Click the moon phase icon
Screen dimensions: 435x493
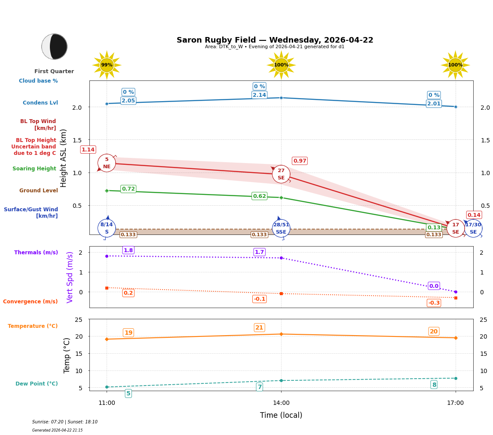coord(54,46)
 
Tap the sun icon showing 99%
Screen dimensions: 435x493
coord(107,65)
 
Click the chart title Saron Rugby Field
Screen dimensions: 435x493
coord(275,40)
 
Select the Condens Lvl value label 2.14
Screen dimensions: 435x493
coord(259,95)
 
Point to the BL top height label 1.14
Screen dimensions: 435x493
coord(88,150)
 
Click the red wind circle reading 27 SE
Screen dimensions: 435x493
coord(281,174)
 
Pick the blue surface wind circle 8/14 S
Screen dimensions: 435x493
coord(107,228)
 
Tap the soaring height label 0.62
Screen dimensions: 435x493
coord(259,196)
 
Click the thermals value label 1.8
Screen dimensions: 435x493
coord(128,250)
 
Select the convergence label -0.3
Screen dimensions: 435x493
coord(434,303)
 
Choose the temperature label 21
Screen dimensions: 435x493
coord(259,327)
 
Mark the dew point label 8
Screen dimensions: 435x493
coord(434,385)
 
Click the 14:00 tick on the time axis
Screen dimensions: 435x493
coord(281,403)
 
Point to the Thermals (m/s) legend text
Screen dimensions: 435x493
coord(36,253)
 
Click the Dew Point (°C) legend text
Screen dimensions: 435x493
coord(37,384)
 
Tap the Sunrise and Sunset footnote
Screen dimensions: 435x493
coord(65,422)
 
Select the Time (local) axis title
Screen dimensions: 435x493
coord(281,415)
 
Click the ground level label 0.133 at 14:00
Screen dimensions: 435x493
coord(259,234)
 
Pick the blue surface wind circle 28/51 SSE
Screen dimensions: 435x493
coord(281,228)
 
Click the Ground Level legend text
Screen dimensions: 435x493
coord(39,191)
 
